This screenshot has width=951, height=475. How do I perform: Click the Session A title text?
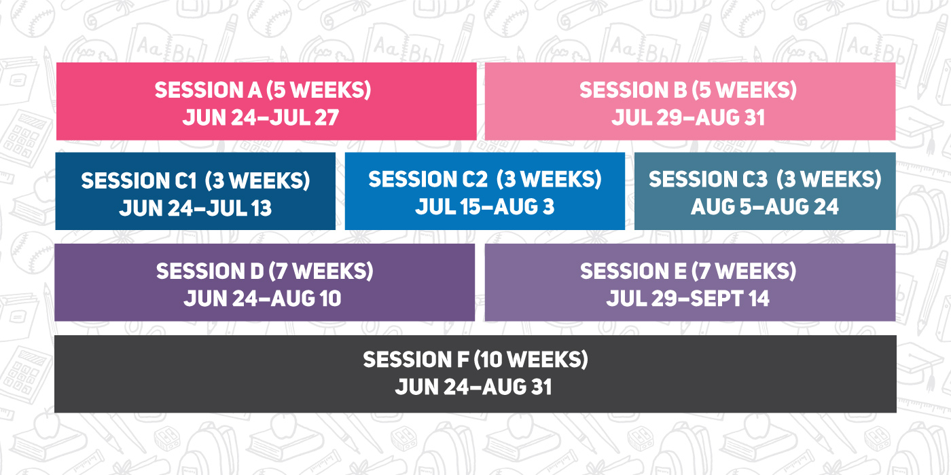(263, 90)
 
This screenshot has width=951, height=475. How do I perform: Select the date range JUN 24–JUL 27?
(261, 117)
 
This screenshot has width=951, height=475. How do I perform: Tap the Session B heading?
(687, 90)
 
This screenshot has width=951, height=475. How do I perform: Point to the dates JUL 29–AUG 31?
(687, 117)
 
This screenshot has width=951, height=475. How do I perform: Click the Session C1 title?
(196, 180)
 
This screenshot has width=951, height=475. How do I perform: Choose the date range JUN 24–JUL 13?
(196, 208)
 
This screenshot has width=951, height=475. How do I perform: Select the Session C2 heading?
(485, 179)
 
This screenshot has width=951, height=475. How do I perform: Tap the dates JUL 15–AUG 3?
(485, 206)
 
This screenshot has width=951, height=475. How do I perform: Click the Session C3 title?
(765, 179)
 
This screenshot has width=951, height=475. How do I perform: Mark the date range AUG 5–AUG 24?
(765, 206)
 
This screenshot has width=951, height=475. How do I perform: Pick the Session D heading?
(264, 271)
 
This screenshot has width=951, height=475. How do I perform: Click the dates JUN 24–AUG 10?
(262, 299)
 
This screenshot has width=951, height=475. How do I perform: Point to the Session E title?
(688, 271)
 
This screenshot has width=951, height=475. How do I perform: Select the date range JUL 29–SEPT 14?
(687, 299)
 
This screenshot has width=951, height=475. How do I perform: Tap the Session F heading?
(475, 360)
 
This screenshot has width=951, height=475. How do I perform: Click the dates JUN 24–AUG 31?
(473, 387)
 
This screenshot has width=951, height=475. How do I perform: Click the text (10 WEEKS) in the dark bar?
(531, 360)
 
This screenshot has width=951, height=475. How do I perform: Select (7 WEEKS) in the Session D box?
(321, 271)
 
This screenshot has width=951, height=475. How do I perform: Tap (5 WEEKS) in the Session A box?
(319, 90)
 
